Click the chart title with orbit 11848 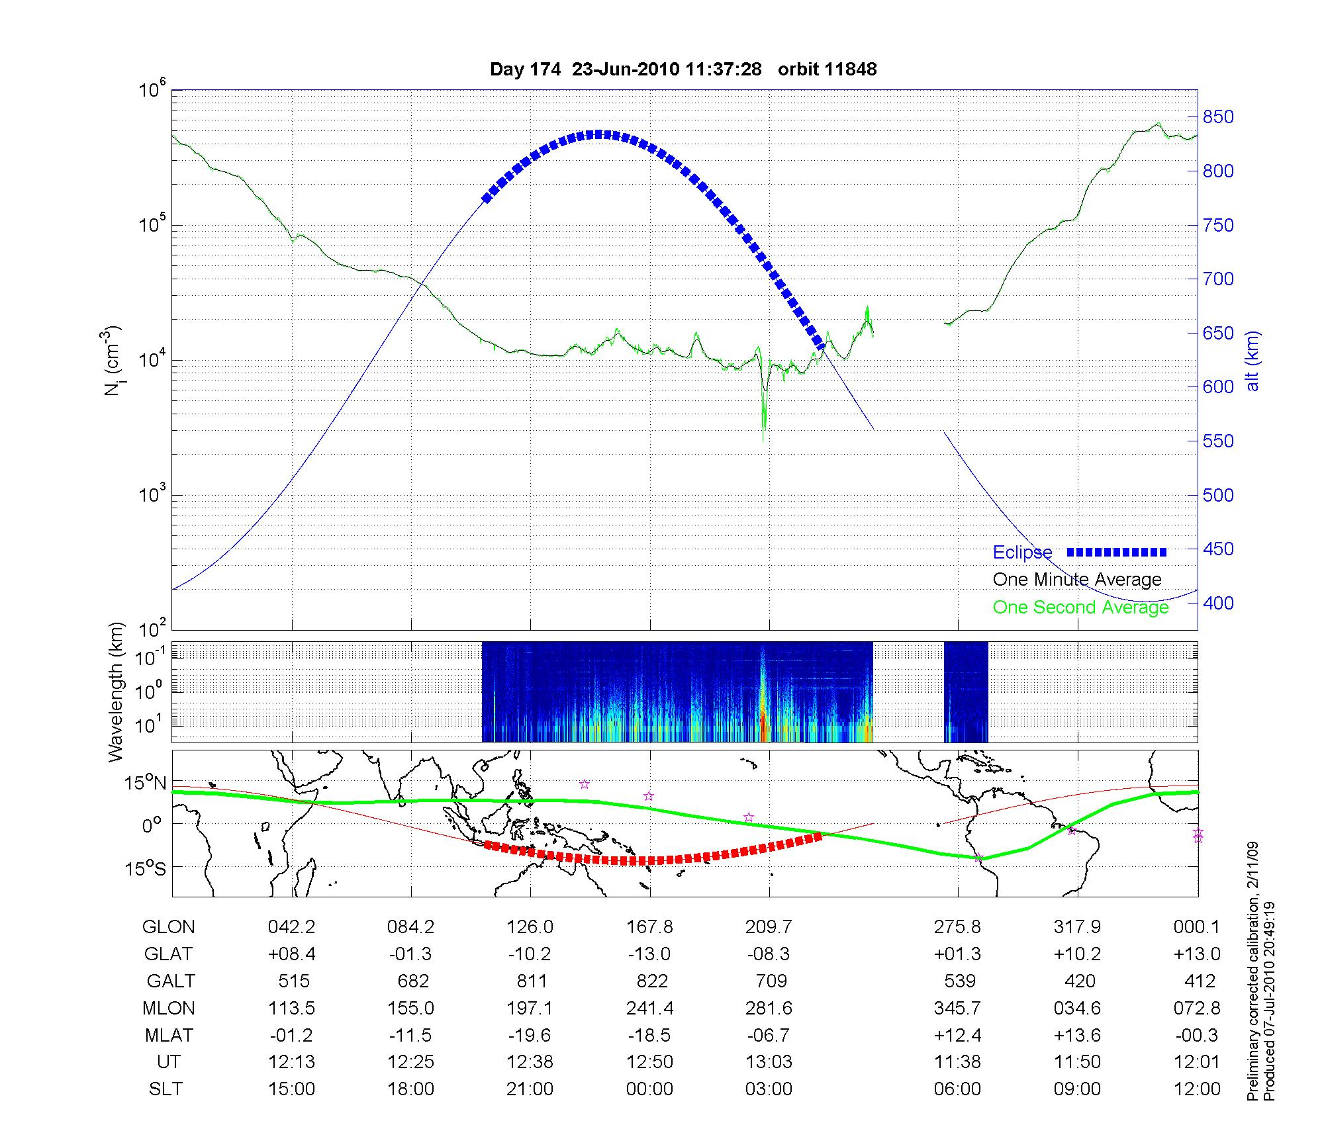[683, 69]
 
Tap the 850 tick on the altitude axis [1218, 117]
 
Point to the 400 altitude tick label [1218, 603]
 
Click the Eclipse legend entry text [1022, 553]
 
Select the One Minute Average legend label [1077, 580]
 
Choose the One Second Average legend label [1080, 607]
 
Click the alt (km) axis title [1253, 361]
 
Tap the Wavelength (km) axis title [117, 692]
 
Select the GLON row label [168, 927]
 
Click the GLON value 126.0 [530, 927]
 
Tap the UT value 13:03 [769, 1062]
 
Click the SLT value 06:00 [957, 1089]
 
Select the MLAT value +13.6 [1077, 1035]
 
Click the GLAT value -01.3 [411, 954]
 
